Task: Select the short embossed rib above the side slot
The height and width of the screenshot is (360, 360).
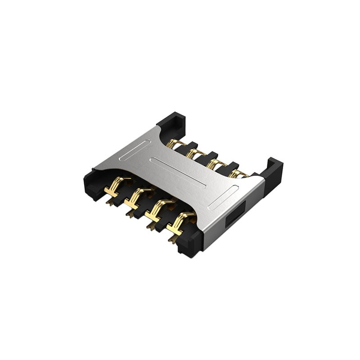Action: click(x=224, y=197)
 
